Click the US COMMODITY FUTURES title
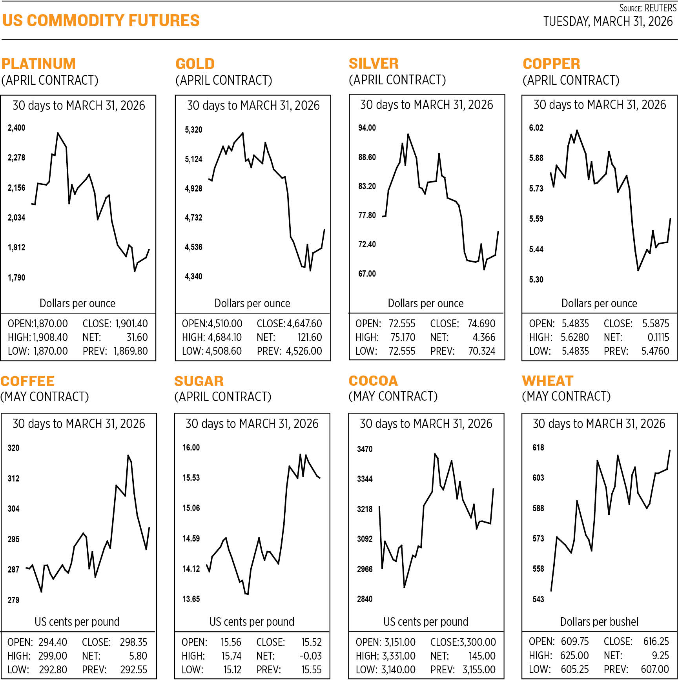[101, 20]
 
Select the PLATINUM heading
[38, 64]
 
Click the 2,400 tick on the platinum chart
[16, 128]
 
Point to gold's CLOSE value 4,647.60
[304, 324]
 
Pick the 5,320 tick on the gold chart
[193, 129]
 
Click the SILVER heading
[374, 63]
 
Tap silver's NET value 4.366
[484, 337]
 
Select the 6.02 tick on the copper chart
[536, 128]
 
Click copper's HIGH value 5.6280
[574, 337]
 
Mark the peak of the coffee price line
[128, 456]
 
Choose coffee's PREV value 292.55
[133, 669]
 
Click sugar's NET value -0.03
[310, 656]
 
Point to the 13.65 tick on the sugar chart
[191, 599]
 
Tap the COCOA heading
[373, 381]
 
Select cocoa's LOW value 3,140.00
[398, 669]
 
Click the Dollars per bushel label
[599, 622]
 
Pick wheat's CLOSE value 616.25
[656, 641]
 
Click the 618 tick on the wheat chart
[538, 447]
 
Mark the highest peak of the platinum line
[58, 133]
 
